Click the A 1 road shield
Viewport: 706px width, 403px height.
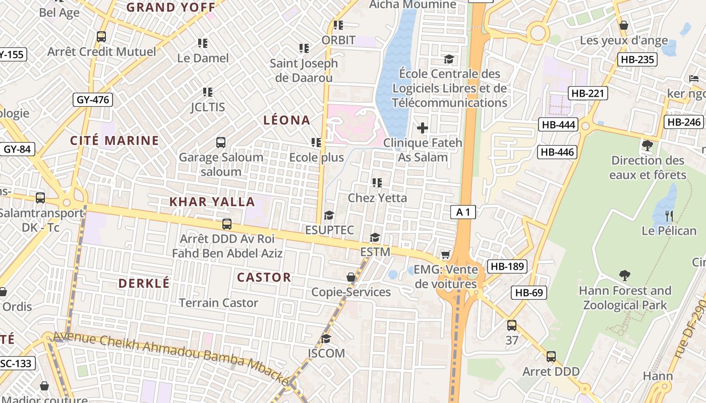pos(463,213)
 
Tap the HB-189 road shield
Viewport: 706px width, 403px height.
pos(507,266)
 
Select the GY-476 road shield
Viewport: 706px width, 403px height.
pos(93,100)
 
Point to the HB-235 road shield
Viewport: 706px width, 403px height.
pos(637,59)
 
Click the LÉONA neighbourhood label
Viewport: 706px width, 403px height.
pos(287,120)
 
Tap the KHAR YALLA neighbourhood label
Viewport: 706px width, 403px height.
pos(212,202)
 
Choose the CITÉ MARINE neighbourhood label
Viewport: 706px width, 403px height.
pos(114,141)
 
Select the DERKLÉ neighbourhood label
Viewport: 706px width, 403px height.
pos(144,283)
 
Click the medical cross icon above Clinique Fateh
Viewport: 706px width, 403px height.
pos(423,128)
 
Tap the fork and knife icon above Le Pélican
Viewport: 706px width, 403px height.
pos(669,216)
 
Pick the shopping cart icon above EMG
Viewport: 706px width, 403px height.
pos(445,255)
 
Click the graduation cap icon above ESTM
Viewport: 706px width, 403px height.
pos(375,237)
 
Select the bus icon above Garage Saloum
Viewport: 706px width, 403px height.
pos(221,143)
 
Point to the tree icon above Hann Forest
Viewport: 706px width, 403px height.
pos(625,276)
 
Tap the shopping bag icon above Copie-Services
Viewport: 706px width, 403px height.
pos(351,278)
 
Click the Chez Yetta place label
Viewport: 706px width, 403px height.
pos(377,198)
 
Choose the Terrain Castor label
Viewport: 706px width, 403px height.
pos(218,303)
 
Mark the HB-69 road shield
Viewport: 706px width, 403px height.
pos(529,292)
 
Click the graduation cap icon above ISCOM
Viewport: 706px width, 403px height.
pos(326,338)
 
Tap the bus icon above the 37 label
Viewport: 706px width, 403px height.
pos(512,325)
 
